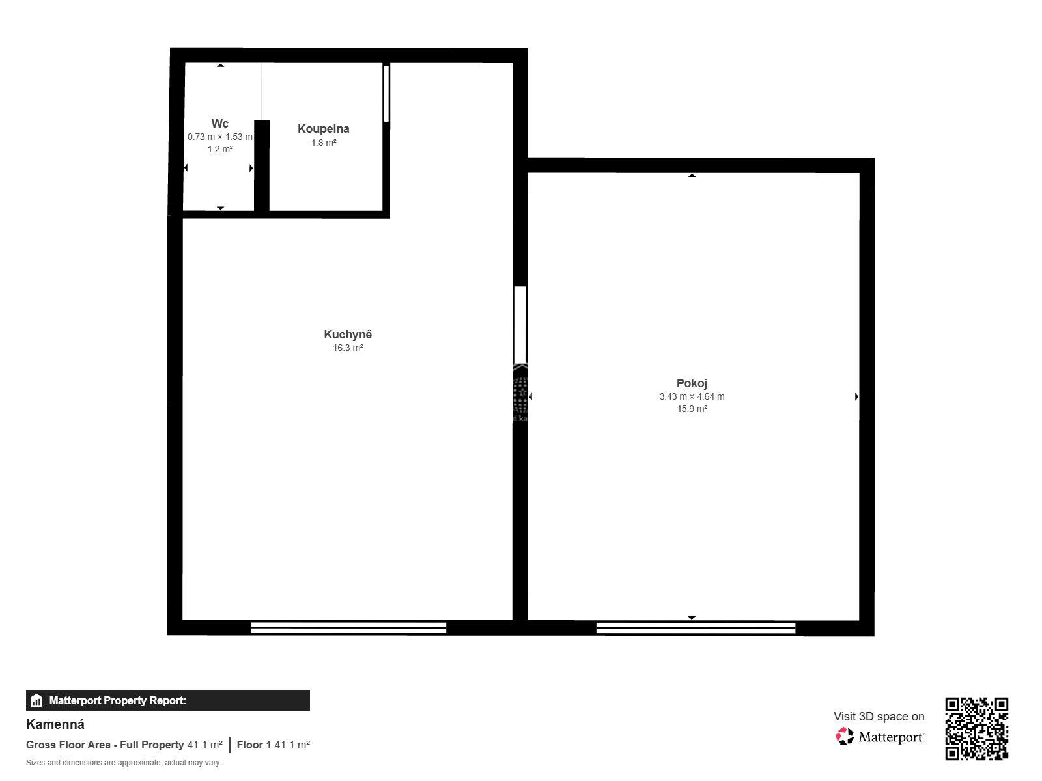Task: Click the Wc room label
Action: click(x=219, y=124)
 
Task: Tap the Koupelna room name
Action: click(x=323, y=129)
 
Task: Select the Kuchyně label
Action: click(x=348, y=335)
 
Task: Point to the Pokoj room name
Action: click(x=692, y=383)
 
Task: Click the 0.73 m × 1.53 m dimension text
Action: click(x=219, y=137)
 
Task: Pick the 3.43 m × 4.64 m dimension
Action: click(x=692, y=396)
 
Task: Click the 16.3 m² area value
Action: click(x=348, y=348)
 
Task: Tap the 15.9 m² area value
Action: click(x=692, y=409)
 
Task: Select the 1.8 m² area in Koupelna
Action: click(x=324, y=143)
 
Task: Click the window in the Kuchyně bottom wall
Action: click(x=348, y=628)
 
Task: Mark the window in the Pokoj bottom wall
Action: click(x=696, y=628)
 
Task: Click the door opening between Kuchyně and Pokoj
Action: click(x=520, y=325)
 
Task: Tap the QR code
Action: click(x=976, y=729)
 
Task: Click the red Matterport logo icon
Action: click(x=844, y=737)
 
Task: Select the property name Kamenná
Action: click(x=55, y=724)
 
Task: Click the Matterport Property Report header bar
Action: click(x=168, y=700)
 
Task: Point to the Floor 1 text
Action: click(x=253, y=745)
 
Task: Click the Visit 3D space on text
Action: click(x=879, y=717)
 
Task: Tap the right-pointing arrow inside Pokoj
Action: click(x=856, y=396)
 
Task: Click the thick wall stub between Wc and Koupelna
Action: click(x=262, y=166)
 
